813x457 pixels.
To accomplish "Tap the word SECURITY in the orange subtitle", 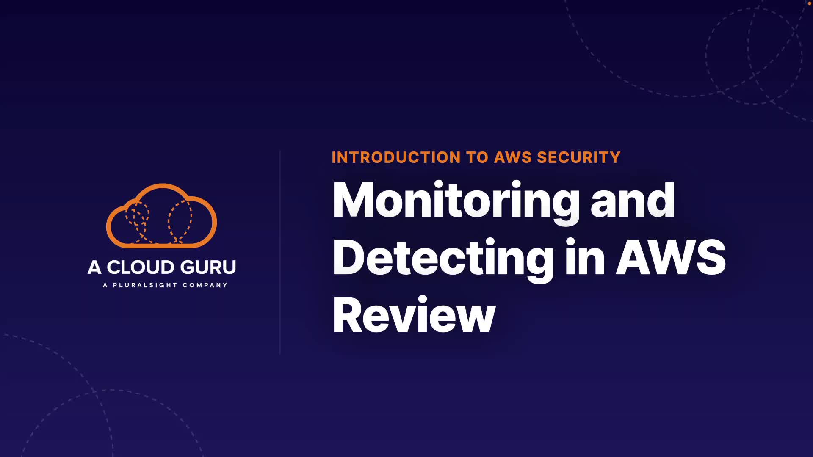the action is [x=578, y=157].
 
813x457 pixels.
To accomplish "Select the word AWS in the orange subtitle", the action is [x=513, y=157].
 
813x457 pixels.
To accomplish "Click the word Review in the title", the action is [x=414, y=315].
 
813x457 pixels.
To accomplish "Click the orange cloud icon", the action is [x=161, y=216].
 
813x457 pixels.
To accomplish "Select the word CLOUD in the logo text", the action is [x=140, y=267].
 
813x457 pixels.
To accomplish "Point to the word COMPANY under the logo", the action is [x=205, y=285].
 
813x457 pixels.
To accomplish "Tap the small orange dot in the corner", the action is [x=810, y=3].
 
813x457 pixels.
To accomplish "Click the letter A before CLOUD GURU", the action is [x=94, y=267].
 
